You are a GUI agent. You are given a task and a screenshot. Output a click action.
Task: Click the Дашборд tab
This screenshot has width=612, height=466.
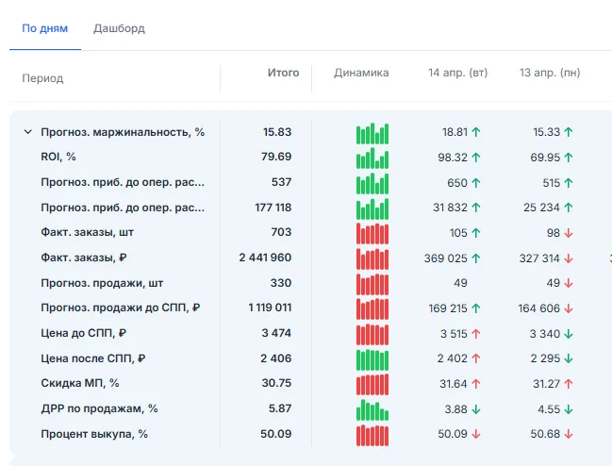coord(119,28)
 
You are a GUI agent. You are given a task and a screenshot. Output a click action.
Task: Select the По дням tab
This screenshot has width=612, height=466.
coord(45,28)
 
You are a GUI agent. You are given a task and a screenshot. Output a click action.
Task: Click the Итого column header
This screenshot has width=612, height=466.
coord(283,73)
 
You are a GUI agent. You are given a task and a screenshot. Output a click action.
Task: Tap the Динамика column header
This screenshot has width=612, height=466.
coord(361,73)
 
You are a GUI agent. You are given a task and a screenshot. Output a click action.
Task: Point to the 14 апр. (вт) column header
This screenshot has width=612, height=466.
coord(458,73)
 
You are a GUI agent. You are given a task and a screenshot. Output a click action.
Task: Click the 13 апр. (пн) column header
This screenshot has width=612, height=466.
coord(550,73)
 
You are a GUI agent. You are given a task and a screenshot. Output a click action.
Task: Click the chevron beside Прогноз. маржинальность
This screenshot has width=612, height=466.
coord(28,132)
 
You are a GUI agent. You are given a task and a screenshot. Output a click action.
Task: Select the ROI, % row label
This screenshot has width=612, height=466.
coord(58,157)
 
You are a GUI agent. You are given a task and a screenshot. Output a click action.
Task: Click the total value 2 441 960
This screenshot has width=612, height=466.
coord(265,258)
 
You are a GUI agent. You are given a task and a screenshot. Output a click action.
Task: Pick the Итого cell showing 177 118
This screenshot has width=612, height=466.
coord(273,208)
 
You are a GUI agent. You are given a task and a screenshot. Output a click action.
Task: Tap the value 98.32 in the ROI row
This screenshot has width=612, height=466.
coord(453,158)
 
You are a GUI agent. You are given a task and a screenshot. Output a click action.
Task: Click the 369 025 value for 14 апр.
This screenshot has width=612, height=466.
coord(446,258)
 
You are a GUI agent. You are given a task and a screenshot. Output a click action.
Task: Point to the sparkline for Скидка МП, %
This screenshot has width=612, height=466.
coord(372,385)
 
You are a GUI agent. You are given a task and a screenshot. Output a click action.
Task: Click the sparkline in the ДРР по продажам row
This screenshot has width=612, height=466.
coord(372,409)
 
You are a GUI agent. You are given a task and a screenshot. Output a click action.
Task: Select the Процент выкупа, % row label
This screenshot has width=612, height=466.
coord(94,434)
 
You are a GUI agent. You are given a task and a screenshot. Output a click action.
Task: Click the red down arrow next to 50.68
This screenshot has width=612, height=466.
coord(569,434)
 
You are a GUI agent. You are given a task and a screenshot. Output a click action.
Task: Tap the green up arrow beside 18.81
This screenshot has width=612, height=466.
coord(476,132)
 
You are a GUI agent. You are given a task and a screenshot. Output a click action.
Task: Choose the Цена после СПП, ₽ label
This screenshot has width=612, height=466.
coord(93,358)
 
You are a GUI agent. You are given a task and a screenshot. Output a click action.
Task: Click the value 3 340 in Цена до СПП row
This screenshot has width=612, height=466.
coord(545,334)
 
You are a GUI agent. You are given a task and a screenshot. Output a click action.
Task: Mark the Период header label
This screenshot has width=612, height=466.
coord(42,78)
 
